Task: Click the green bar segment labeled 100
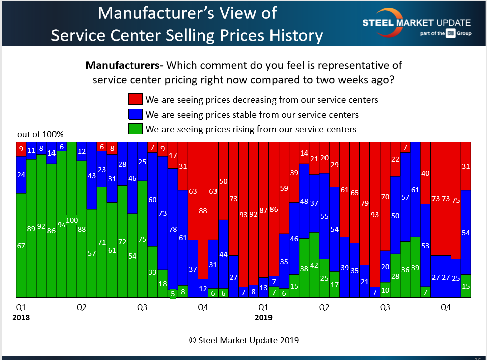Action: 71,220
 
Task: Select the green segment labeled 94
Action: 61,224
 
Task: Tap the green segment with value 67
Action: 21,245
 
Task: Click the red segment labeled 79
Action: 365,203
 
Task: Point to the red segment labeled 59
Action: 284,188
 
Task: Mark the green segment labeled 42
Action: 314,265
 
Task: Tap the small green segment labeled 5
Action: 173,294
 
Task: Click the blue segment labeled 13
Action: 263,287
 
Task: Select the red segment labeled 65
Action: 355,192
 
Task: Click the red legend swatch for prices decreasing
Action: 136,99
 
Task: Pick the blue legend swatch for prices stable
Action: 136,114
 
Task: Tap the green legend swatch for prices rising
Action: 136,129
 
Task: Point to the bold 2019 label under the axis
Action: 263,318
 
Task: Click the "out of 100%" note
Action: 40,135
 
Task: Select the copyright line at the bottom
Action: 244,340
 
